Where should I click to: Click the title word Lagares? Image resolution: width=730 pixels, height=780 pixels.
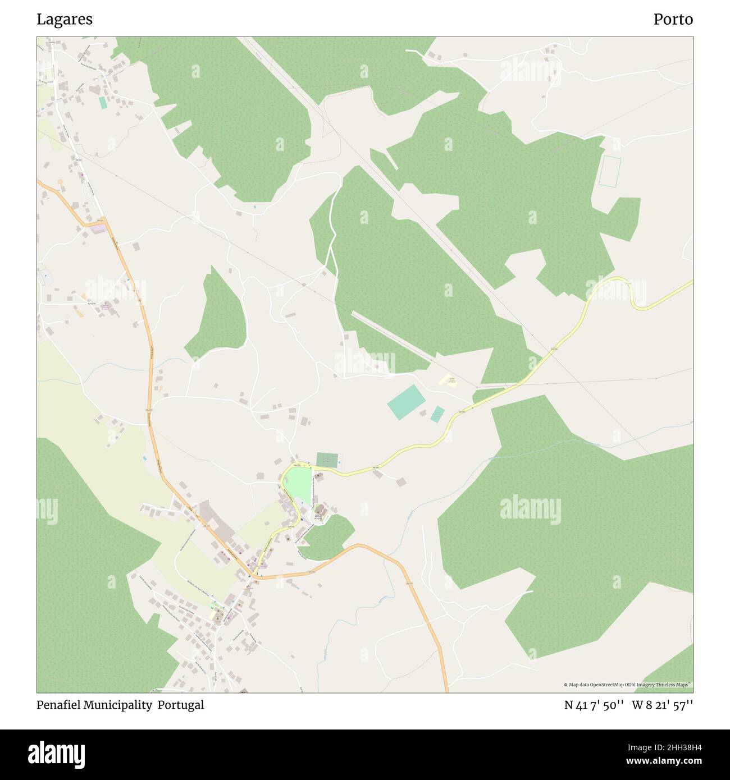[x=65, y=20]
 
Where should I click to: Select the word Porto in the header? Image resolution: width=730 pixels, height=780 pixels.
[x=673, y=20]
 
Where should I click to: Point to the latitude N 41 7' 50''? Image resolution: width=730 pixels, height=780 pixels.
[x=594, y=705]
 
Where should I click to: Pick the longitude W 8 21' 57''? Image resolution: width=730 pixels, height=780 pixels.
[x=662, y=705]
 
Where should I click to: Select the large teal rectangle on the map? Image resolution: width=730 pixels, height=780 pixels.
[x=406, y=402]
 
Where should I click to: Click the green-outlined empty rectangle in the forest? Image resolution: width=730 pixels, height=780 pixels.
[x=609, y=172]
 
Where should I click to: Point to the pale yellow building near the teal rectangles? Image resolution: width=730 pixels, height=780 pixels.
[x=448, y=382]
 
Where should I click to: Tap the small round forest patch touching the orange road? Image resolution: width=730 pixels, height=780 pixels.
[x=325, y=538]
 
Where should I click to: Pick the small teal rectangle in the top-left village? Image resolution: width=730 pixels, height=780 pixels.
[x=103, y=103]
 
